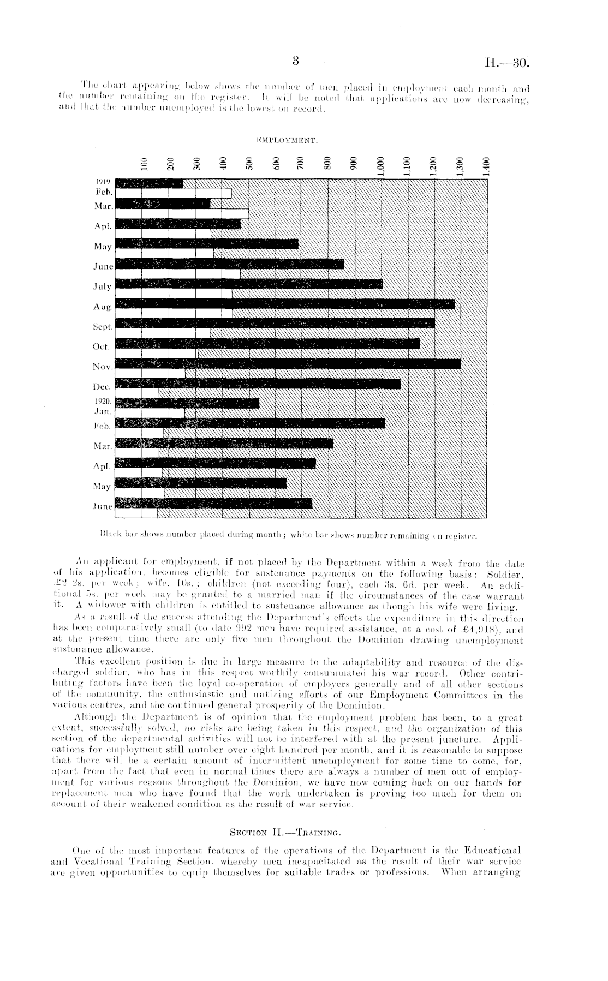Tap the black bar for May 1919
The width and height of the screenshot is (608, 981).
pos(207,243)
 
